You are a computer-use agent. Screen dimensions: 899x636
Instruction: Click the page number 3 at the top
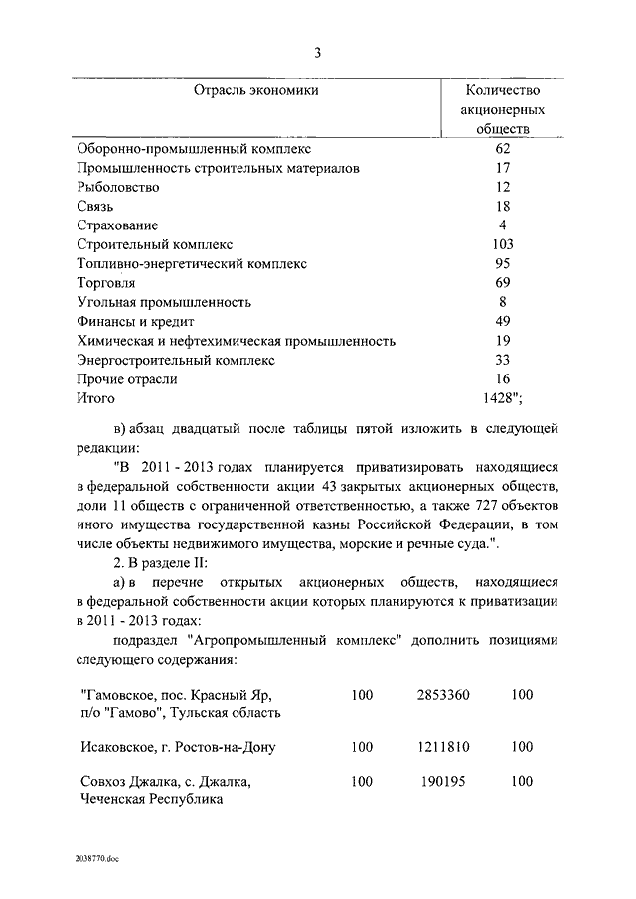(318, 53)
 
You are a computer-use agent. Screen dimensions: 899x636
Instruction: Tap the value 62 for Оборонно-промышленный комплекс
(503, 149)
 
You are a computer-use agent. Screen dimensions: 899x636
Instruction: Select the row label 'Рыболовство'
(118, 187)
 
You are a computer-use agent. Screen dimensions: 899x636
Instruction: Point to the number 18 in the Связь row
(503, 206)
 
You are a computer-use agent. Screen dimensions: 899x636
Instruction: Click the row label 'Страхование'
(117, 225)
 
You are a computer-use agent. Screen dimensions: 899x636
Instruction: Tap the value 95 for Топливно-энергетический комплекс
(503, 263)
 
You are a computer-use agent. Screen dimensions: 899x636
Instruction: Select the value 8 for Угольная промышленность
(503, 302)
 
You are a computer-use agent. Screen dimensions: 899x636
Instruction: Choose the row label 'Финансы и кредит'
(135, 321)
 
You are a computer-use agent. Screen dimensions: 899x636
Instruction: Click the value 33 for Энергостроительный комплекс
(503, 360)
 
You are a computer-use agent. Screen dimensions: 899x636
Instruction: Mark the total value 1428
(500, 398)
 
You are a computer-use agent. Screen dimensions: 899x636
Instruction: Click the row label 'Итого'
(96, 398)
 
